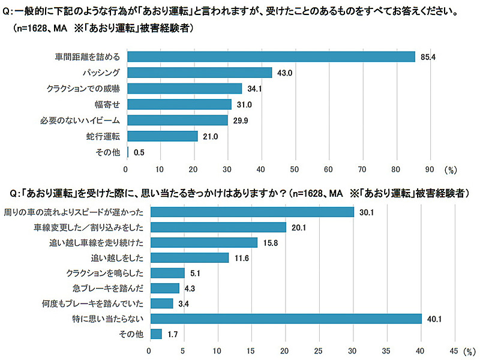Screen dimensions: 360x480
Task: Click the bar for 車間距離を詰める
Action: click(271, 56)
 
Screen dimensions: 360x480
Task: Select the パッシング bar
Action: click(199, 73)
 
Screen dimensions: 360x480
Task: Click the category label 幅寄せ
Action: click(110, 104)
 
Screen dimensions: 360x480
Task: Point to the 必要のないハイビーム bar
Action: click(177, 120)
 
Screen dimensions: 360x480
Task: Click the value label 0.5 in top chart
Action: click(139, 152)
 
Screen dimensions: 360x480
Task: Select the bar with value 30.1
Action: click(251, 212)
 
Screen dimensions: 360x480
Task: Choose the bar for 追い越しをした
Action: click(189, 258)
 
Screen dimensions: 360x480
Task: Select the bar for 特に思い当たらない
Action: click(285, 319)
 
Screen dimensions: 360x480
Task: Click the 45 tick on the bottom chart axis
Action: click(453, 350)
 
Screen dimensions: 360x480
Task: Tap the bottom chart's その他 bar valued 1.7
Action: click(155, 334)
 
